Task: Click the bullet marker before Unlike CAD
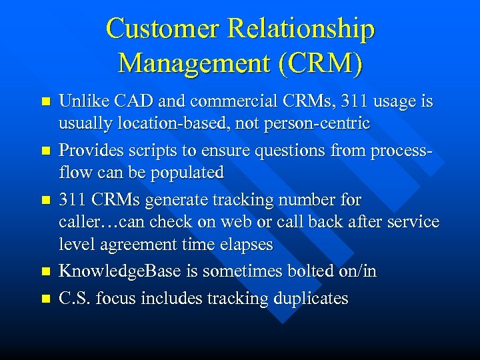click(x=45, y=103)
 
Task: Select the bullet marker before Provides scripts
click(x=45, y=151)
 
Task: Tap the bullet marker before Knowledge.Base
click(x=45, y=272)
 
